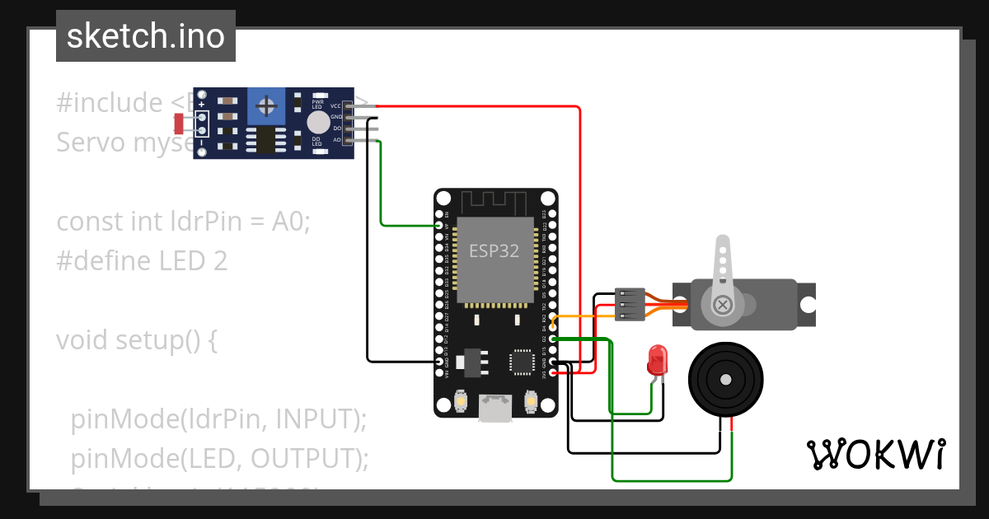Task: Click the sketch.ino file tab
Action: point(146,36)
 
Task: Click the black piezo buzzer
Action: point(724,380)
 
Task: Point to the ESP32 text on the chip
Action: point(494,250)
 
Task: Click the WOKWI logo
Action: point(875,454)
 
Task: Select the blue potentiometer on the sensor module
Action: point(267,105)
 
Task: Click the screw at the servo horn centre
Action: point(723,305)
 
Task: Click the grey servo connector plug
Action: point(630,304)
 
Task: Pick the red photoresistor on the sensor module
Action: point(179,124)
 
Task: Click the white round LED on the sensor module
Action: point(317,123)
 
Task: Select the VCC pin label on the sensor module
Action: point(335,106)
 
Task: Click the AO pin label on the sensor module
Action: point(336,140)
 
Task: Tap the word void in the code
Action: point(82,340)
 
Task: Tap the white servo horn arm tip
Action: point(723,244)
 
